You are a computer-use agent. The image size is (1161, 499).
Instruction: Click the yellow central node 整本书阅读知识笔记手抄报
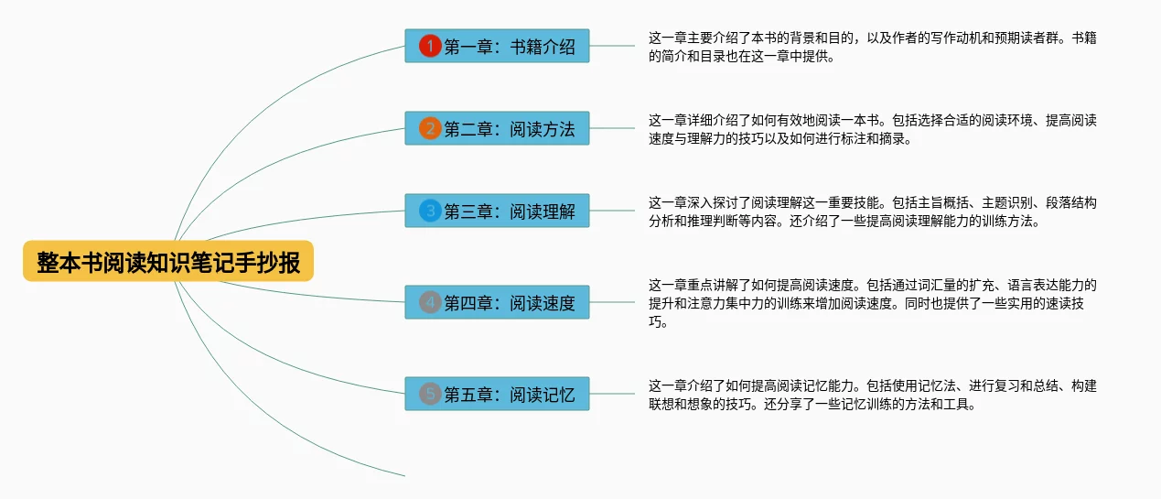[168, 262]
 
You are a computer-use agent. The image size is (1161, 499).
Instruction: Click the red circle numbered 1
[430, 46]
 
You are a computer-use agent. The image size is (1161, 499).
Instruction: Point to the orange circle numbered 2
[430, 128]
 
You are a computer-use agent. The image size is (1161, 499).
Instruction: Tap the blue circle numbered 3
[430, 211]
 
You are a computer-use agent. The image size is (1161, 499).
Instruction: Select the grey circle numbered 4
[430, 302]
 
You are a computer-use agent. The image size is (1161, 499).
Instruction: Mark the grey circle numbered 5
[430, 394]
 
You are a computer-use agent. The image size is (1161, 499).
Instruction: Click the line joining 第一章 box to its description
[613, 46]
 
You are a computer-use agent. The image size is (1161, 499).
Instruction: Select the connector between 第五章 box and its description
[613, 394]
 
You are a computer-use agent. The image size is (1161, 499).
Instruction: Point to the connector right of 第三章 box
[613, 211]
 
